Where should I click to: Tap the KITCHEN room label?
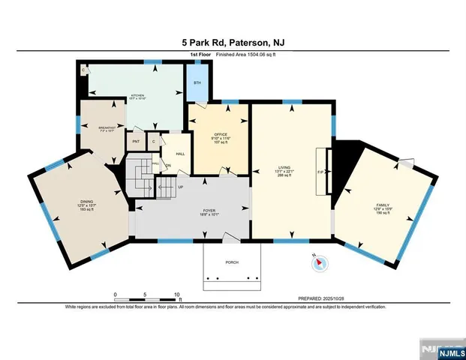137,95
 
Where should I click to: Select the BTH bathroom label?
197,82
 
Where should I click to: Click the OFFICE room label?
221,134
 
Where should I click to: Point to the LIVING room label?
284,169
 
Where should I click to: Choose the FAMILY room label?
383,204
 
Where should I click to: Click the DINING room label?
87,201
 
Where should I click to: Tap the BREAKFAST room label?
108,128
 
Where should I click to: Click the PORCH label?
233,262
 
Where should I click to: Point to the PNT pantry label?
136,141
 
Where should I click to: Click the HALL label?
180,153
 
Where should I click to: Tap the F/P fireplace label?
320,172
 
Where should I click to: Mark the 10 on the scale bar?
176,294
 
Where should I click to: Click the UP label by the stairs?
181,187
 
